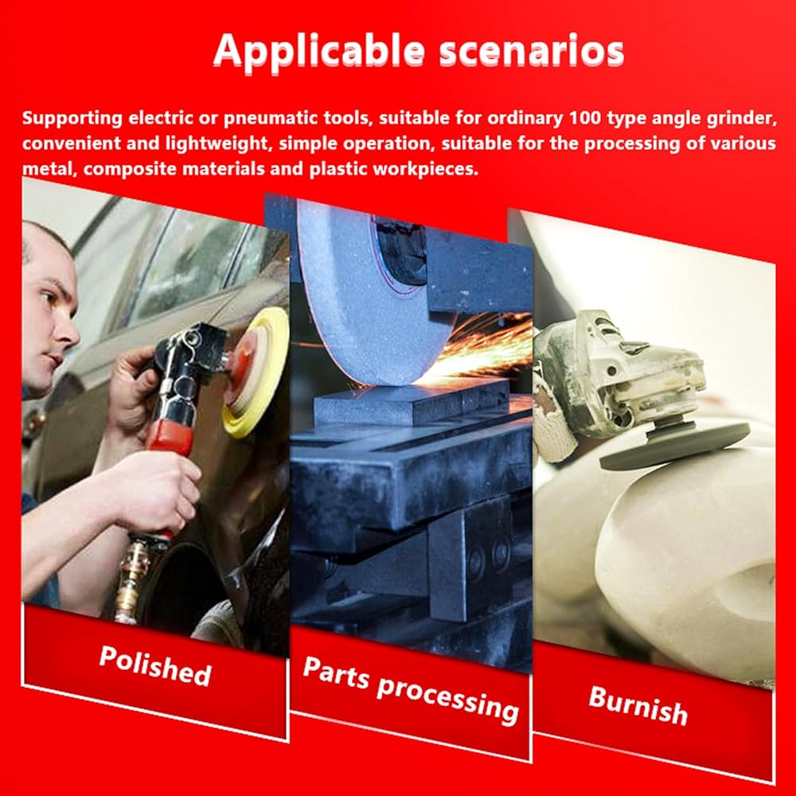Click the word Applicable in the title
pyautogui.click(x=319, y=51)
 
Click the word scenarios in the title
pyautogui.click(x=531, y=51)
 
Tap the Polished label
pyautogui.click(x=155, y=665)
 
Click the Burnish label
pyautogui.click(x=638, y=704)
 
